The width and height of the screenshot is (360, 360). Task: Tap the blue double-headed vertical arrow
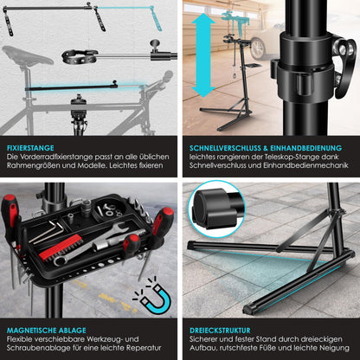pyautogui.click(x=201, y=61)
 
